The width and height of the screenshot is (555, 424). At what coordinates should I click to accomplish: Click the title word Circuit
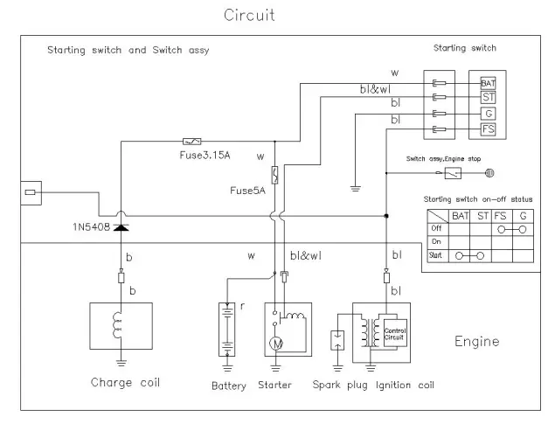click(249, 15)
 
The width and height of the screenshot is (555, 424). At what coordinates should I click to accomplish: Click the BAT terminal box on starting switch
click(489, 83)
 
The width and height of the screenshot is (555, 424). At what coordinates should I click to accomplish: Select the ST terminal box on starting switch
click(489, 98)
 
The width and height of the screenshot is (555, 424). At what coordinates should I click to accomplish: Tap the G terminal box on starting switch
click(489, 114)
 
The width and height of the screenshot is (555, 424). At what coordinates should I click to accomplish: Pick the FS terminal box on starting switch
click(489, 129)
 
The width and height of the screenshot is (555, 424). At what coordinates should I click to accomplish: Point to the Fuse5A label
click(247, 190)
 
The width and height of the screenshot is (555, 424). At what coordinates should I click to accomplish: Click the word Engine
click(476, 341)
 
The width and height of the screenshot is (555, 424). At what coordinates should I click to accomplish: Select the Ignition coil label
click(405, 385)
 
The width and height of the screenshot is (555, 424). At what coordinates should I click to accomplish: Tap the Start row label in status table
click(436, 255)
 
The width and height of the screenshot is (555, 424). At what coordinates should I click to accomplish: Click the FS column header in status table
click(500, 214)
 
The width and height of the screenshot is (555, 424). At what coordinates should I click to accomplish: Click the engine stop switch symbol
click(451, 174)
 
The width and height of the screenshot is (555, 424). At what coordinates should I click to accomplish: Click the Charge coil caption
click(124, 382)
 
